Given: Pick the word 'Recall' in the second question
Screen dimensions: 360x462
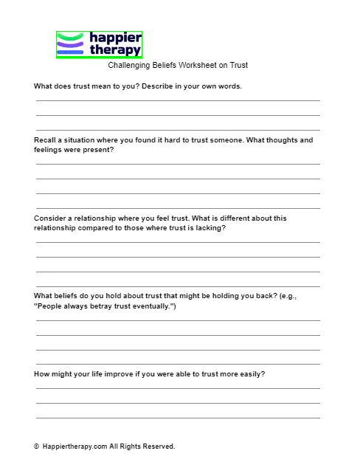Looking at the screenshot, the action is click(x=46, y=139).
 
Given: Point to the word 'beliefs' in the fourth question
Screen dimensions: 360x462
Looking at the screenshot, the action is click(x=72, y=296).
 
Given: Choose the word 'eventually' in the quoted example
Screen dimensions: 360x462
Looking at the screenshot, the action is click(x=151, y=306).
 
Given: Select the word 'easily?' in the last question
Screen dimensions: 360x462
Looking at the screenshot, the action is click(x=252, y=373).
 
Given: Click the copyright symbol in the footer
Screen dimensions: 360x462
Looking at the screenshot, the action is click(x=37, y=447).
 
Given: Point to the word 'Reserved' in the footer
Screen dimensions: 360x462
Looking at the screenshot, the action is click(x=157, y=447).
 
